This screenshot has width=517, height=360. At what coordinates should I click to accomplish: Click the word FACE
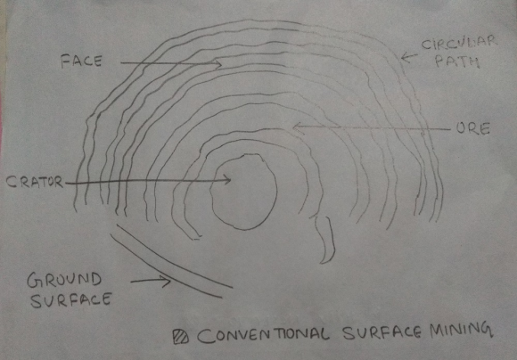(x=81, y=61)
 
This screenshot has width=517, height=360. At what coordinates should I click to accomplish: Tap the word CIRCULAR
(x=459, y=45)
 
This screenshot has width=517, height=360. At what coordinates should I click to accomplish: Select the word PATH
(x=457, y=61)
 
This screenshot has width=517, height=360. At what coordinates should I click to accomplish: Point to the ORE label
(x=473, y=129)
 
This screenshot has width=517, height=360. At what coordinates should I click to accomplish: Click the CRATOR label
(x=35, y=182)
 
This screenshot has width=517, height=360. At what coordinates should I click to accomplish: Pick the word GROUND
(x=64, y=280)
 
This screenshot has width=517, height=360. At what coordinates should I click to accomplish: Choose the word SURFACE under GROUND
(x=71, y=300)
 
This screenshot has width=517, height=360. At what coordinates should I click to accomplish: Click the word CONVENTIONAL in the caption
(x=263, y=336)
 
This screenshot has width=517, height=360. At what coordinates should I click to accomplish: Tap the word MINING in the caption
(x=461, y=331)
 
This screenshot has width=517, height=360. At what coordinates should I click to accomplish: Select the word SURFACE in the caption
(x=382, y=333)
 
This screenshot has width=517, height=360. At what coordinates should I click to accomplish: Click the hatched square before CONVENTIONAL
(x=181, y=337)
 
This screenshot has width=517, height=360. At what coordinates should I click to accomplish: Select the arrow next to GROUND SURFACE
(x=151, y=282)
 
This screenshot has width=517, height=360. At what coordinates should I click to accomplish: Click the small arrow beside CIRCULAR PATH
(x=409, y=57)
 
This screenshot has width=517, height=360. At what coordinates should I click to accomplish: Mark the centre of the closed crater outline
(x=243, y=192)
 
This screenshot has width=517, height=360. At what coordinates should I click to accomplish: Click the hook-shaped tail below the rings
(x=326, y=240)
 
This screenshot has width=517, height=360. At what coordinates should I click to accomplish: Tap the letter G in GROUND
(x=33, y=281)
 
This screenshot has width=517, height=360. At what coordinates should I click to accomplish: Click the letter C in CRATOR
(x=11, y=183)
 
